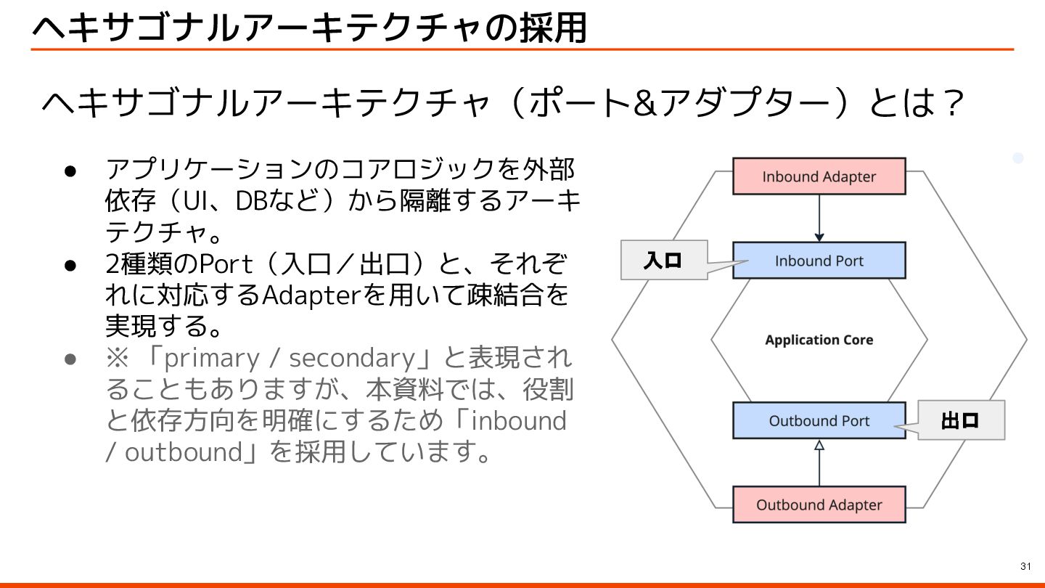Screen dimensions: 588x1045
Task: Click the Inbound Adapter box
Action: [819, 176]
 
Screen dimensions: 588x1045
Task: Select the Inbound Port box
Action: [819, 261]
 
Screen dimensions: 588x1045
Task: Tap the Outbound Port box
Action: [819, 421]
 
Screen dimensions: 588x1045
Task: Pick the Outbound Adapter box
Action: [819, 505]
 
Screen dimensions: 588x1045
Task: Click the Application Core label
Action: [819, 340]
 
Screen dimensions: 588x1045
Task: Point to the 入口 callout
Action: [663, 260]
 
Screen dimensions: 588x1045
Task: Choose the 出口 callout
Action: [961, 420]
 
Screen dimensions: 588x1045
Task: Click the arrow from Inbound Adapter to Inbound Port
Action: [819, 218]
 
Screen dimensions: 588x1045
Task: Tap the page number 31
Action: [1025, 566]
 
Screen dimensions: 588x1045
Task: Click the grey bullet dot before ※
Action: [70, 359]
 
